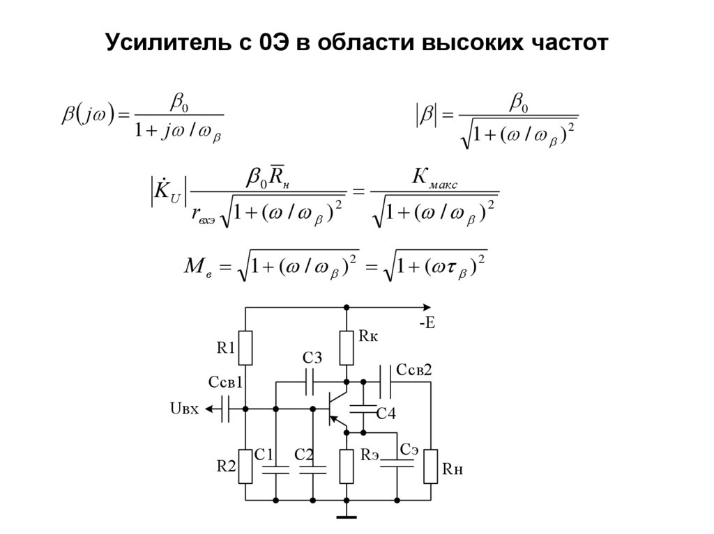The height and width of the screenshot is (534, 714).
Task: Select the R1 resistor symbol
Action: pos(245,348)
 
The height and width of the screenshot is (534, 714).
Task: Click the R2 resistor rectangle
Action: pos(245,466)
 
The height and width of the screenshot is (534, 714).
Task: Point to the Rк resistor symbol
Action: pos(347,349)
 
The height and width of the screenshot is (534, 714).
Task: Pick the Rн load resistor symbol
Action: pos(430,466)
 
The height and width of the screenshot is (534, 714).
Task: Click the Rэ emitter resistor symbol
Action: pos(347,466)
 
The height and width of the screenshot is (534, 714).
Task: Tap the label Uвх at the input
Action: pos(184,409)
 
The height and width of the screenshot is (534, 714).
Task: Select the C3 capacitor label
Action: pos(312,359)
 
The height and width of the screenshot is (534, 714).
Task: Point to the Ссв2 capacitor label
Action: pos(414,370)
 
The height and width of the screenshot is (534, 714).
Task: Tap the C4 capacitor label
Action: pos(386,414)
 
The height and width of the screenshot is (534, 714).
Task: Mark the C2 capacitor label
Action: pos(304,455)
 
